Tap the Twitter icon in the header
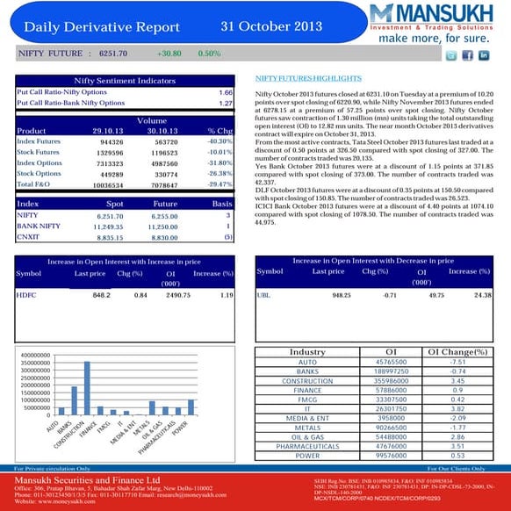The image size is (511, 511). click(451, 55)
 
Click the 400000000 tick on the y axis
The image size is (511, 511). click(31, 355)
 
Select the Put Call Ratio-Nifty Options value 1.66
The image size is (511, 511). click(224, 92)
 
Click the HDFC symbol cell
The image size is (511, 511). click(27, 296)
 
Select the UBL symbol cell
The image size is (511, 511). click(263, 295)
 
